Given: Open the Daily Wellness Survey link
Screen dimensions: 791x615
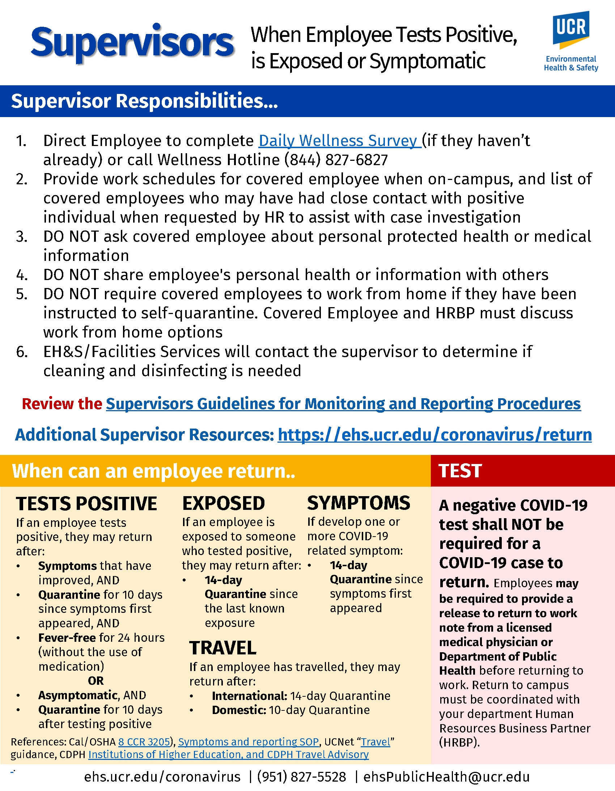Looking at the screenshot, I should pos(339,141).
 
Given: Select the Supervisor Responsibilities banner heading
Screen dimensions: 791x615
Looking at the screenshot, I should pos(144,101).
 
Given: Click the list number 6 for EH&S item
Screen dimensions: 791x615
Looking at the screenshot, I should pos(22,352).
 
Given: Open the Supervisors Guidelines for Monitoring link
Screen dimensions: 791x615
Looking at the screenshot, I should pos(343,404).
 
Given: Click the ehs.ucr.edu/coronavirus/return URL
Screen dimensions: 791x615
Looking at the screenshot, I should pos(434,435).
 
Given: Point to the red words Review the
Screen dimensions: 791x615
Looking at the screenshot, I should pos(62,404).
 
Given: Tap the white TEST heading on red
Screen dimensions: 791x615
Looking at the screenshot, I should pos(460,471).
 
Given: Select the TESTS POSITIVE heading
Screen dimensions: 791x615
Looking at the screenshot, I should pos(87,504).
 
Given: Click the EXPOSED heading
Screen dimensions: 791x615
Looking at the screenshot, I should pos(223,503).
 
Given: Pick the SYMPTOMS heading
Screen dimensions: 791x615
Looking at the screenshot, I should pos(359,503).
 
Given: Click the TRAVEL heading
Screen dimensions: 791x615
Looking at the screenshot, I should pos(222,648).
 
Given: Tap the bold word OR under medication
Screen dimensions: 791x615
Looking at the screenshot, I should pos(96,680).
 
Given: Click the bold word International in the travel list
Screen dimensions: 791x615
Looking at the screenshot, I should pos(250,696).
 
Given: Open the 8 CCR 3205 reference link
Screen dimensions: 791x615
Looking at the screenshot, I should pos(144,742).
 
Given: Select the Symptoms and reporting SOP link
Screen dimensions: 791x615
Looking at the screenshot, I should pos(249,742).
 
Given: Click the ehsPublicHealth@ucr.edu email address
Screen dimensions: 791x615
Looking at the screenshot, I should pos(446,777).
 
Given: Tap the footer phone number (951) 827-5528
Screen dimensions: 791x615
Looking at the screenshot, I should pos(301,777).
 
